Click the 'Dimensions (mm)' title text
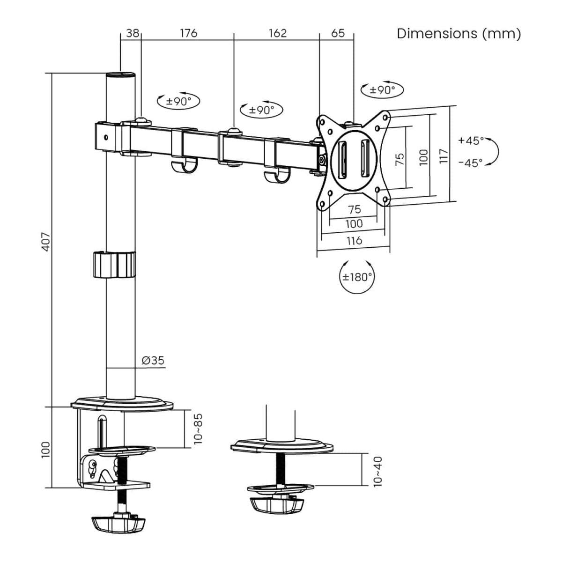[x=458, y=34]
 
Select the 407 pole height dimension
[x=46, y=241]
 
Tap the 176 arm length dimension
[x=188, y=33]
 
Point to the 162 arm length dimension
[x=277, y=33]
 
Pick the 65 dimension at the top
[x=338, y=33]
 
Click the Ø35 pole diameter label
[x=153, y=360]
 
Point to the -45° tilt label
[x=470, y=163]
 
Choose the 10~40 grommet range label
[x=378, y=471]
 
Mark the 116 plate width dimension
[x=354, y=240]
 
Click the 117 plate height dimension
[x=444, y=155]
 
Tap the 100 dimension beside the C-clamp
[x=46, y=450]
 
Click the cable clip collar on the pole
[x=114, y=265]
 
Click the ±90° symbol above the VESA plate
[x=382, y=89]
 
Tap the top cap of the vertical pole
[x=121, y=75]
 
